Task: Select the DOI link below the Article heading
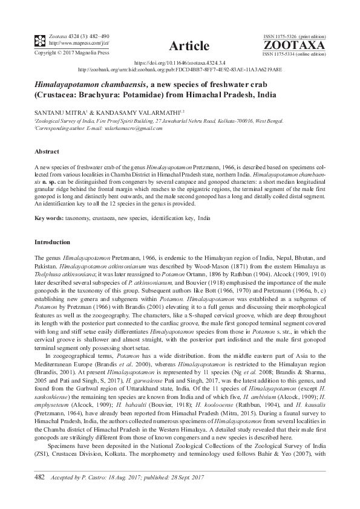click(180, 62)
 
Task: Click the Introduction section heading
click(53, 241)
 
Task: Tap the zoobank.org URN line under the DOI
click(180, 69)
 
